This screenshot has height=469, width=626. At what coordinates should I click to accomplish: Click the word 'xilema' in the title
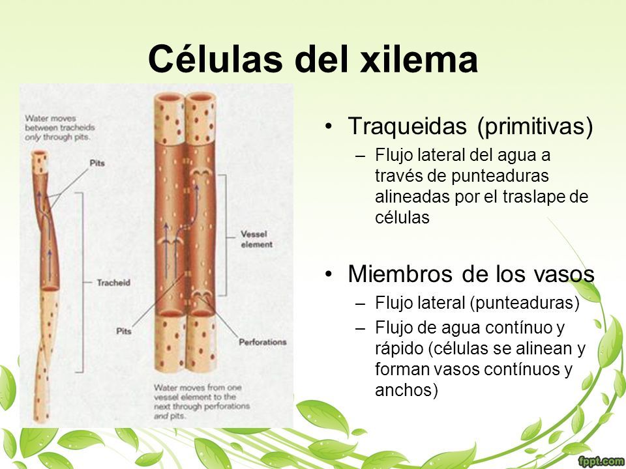tap(419, 59)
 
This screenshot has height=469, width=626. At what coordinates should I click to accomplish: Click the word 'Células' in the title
tap(216, 59)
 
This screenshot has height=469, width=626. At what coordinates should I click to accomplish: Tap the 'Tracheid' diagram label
tap(113, 283)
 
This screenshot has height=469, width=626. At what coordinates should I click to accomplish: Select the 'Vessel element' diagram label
tap(257, 239)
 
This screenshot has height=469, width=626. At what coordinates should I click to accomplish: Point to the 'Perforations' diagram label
tap(263, 342)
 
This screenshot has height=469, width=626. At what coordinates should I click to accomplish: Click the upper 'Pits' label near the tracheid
tap(97, 163)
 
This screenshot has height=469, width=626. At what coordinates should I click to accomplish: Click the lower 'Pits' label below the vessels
tap(124, 331)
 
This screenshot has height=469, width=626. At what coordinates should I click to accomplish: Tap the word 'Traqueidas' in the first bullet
tap(407, 126)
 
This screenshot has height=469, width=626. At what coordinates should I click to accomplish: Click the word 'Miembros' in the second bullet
tap(401, 274)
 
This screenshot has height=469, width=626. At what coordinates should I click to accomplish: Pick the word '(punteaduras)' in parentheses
tap(524, 303)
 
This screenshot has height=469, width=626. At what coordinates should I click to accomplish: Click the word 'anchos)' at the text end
tap(406, 390)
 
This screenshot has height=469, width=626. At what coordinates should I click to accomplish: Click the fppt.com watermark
tap(601, 462)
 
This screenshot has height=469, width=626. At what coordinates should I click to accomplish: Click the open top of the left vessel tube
tap(170, 98)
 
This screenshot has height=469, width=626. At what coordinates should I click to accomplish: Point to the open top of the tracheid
tap(40, 153)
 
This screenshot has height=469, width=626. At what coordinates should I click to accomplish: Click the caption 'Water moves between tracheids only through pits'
tap(60, 128)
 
